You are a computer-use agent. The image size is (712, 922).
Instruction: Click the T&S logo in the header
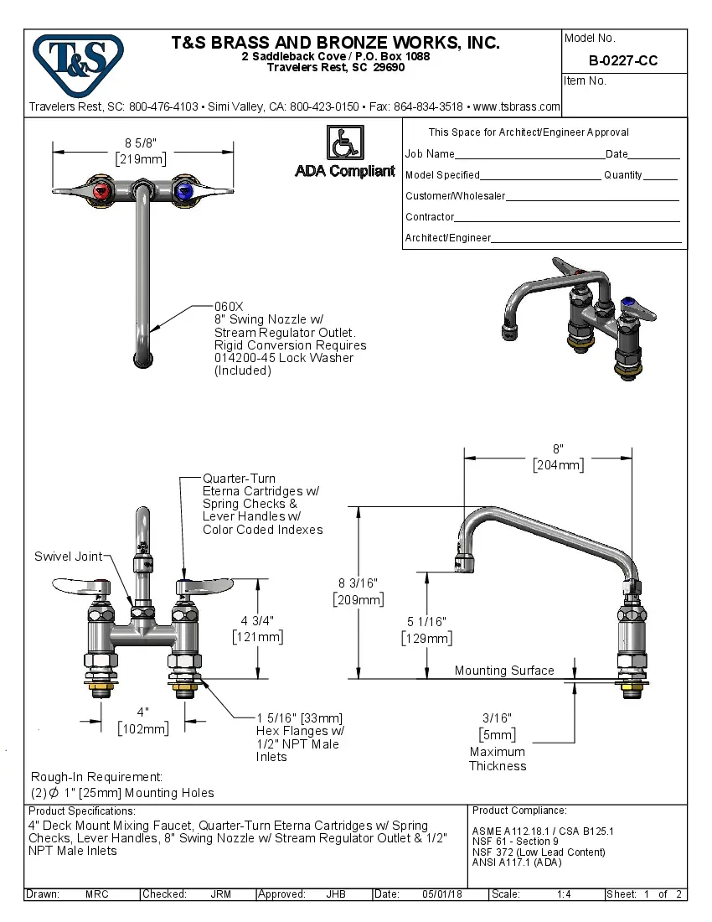78,61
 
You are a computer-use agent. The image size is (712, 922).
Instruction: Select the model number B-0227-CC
622,60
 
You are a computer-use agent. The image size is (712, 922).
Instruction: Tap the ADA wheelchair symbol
344,142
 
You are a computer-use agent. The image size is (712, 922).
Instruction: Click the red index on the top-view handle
101,191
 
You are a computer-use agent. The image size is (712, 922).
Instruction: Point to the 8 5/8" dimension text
141,142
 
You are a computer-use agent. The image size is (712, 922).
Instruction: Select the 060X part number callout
229,307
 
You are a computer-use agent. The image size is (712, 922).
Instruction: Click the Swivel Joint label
68,557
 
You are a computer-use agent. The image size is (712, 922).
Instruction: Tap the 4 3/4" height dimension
257,621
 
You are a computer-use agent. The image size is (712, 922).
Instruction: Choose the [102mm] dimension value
143,728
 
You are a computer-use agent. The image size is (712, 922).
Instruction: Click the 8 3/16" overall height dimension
359,583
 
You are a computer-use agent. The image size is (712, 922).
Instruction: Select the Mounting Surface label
504,671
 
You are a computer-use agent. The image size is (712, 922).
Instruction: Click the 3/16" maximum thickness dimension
497,717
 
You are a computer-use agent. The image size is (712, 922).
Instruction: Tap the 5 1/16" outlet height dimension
427,621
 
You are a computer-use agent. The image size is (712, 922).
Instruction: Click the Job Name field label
430,154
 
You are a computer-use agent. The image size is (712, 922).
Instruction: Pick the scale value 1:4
564,894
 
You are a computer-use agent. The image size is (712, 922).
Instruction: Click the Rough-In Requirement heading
96,777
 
